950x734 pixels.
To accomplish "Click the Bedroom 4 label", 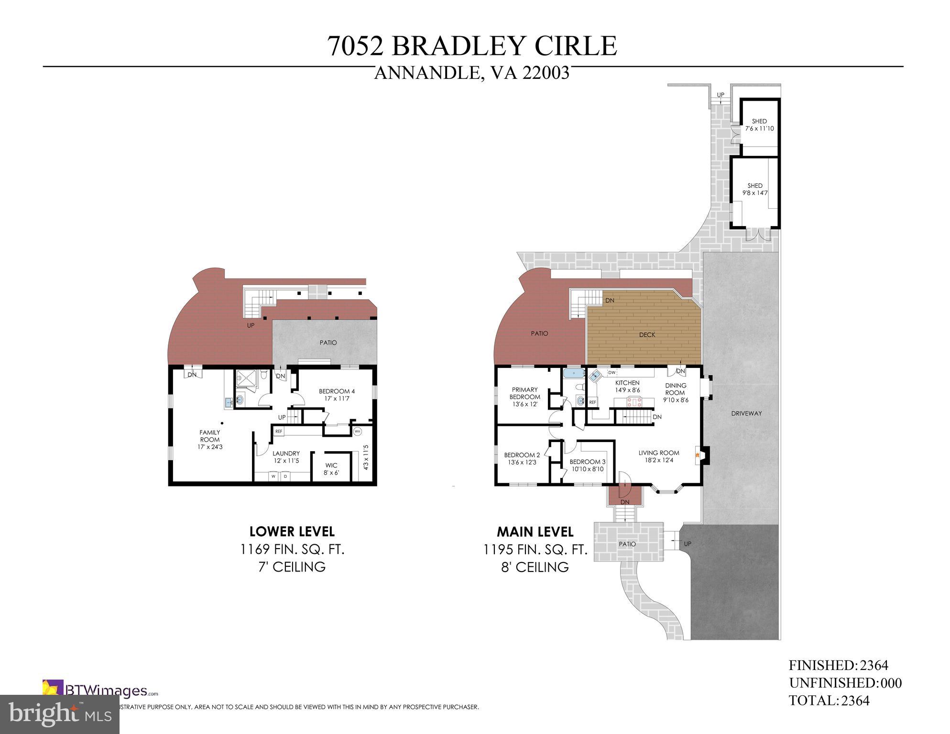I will (337, 395).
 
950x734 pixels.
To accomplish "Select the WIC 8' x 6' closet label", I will (331, 469).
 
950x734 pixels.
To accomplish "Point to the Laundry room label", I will (286, 457).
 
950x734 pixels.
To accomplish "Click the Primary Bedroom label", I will (524, 397).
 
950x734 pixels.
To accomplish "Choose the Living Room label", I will (658, 456).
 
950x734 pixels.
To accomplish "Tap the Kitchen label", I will (627, 386).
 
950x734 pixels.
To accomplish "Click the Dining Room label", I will (675, 392).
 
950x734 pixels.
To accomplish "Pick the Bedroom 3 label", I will (587, 465).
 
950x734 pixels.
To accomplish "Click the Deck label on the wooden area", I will (647, 335).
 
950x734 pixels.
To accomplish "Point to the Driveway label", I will (746, 413).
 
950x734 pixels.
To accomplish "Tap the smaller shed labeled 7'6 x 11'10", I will (759, 125).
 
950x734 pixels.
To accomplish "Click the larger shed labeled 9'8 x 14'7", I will (755, 189).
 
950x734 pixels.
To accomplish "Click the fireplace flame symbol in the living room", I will (699, 455).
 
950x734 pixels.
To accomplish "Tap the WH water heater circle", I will (357, 432).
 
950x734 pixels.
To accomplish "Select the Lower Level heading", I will (292, 531).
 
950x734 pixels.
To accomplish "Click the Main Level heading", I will (535, 531).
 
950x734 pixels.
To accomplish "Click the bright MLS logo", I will (60, 714).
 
